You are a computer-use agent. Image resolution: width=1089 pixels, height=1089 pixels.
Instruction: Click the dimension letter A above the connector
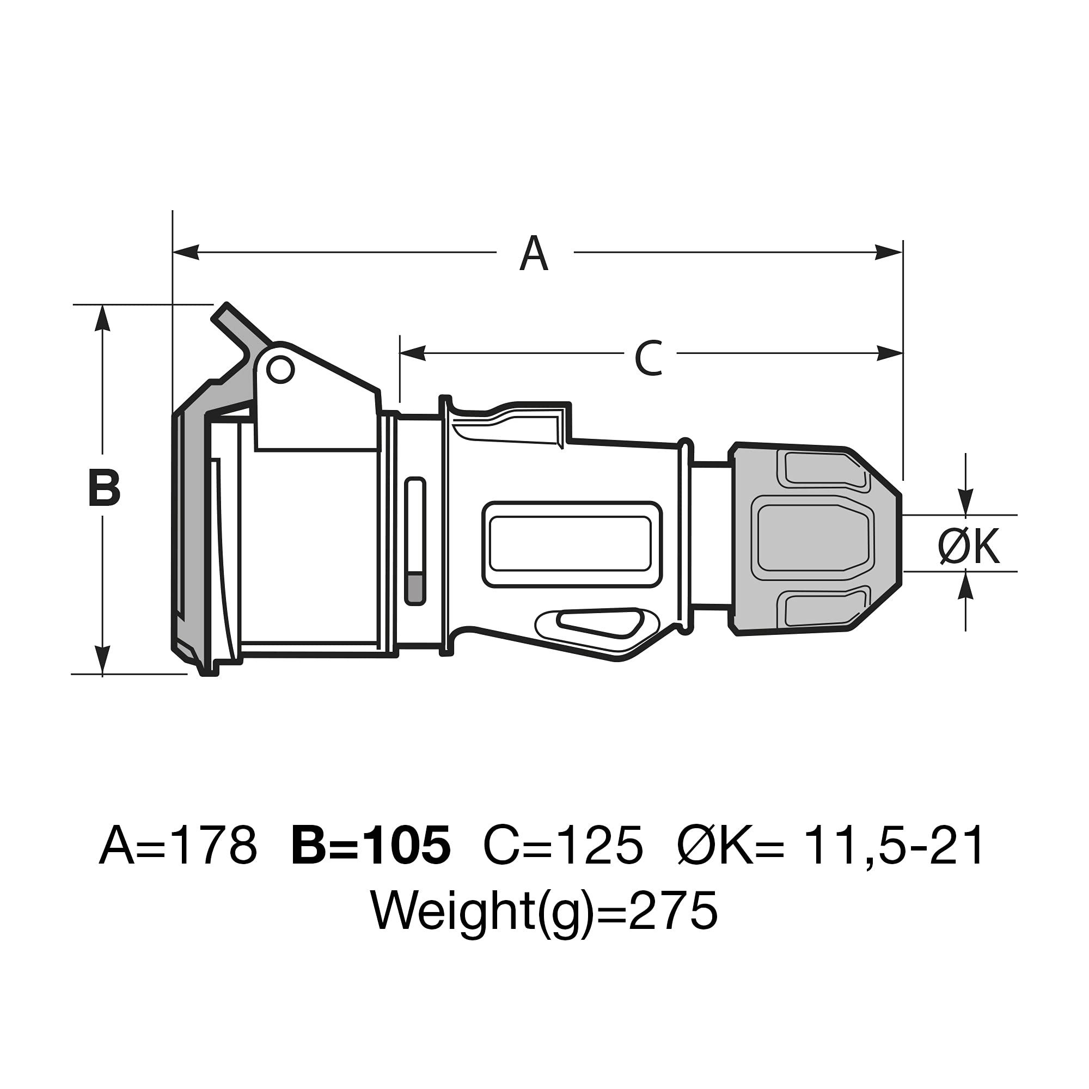click(533, 253)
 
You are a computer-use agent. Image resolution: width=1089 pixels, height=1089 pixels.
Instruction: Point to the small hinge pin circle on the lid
click(280, 370)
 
